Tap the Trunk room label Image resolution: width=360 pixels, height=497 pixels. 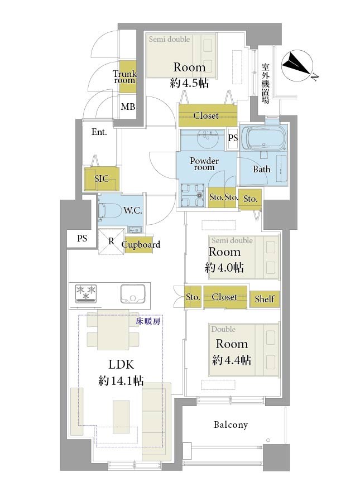[125, 77]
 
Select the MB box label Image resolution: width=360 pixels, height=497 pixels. [128, 107]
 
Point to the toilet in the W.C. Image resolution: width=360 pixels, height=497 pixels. [110, 211]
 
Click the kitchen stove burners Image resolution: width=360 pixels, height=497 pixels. [86, 293]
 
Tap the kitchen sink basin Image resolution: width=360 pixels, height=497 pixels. [133, 293]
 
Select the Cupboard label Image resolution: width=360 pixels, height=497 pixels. [141, 244]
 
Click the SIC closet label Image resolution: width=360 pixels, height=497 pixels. [102, 178]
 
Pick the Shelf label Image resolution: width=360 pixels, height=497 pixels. [265, 298]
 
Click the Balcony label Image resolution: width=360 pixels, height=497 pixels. [231, 424]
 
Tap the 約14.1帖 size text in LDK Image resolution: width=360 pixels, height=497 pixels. [121, 380]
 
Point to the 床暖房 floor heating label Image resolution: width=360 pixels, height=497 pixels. [148, 321]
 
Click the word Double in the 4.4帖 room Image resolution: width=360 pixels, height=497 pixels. [223, 329]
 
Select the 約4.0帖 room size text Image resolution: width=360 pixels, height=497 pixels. [224, 268]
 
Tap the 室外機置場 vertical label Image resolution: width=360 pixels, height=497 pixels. [266, 83]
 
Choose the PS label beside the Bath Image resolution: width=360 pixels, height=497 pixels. [233, 138]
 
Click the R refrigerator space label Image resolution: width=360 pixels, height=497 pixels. [111, 241]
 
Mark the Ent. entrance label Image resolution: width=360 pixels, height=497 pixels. [99, 132]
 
